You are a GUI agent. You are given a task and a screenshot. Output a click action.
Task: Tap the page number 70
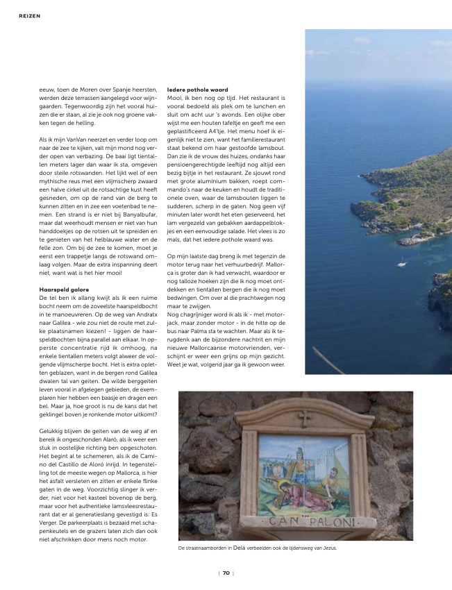tap(226, 573)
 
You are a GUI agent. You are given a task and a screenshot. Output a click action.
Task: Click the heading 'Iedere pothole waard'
tap(198, 90)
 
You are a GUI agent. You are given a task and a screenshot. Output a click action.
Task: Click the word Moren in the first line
tap(82, 90)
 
